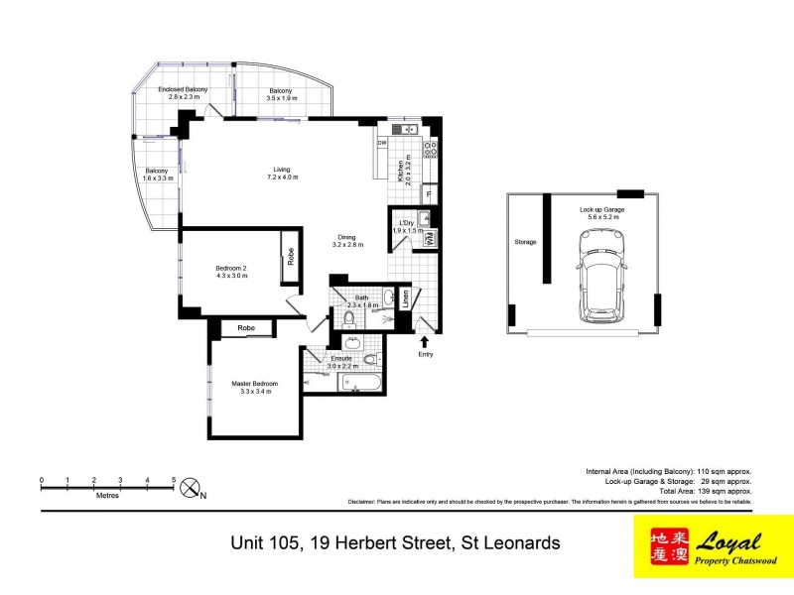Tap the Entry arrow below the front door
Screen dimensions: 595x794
426,340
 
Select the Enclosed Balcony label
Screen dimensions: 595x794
183,93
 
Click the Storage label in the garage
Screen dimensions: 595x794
524,241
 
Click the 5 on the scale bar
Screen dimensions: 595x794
174,480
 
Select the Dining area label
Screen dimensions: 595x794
346,240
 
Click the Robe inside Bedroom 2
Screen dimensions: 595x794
291,256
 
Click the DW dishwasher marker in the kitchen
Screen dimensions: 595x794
382,143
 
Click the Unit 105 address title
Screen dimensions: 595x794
396,542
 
